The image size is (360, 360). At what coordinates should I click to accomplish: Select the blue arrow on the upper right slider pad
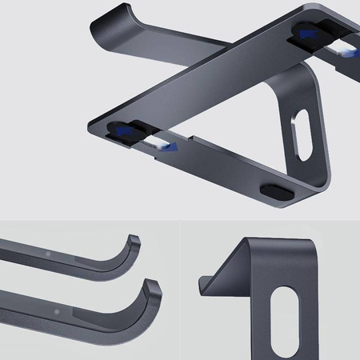click(x=308, y=34)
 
